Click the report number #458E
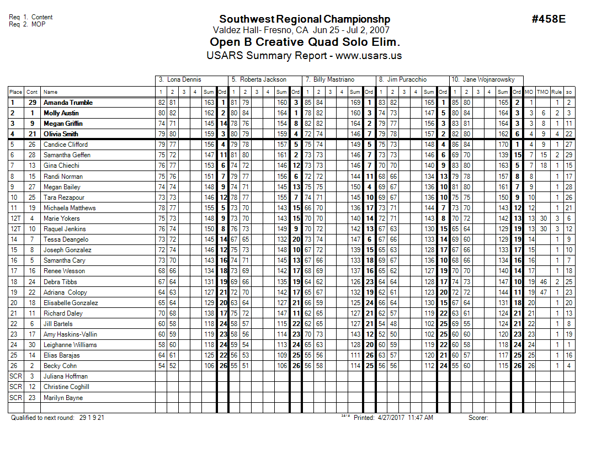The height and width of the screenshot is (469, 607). pos(549,19)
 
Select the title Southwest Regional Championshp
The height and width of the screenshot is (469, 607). pos(305,20)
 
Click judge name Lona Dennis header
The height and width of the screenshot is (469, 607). pos(184,80)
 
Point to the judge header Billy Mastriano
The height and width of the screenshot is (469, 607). pos(333,80)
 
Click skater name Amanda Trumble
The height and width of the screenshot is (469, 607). pos(68,103)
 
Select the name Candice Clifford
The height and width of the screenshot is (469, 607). pos(66,145)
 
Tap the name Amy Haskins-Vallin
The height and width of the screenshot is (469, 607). pos(70,334)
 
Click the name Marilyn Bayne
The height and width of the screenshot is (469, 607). pos(63,398)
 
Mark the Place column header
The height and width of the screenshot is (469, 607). pos(15,92)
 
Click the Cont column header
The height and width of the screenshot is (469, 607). pos(32,92)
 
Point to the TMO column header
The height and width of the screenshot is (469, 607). pos(543,92)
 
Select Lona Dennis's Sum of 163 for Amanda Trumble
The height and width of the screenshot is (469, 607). pos(209,103)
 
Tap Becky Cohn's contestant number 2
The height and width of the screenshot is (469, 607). pos(32,366)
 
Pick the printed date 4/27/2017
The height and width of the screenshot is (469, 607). pos(391,418)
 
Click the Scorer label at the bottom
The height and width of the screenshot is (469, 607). pos(478,418)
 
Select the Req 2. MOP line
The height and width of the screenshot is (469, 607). pos(27,24)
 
